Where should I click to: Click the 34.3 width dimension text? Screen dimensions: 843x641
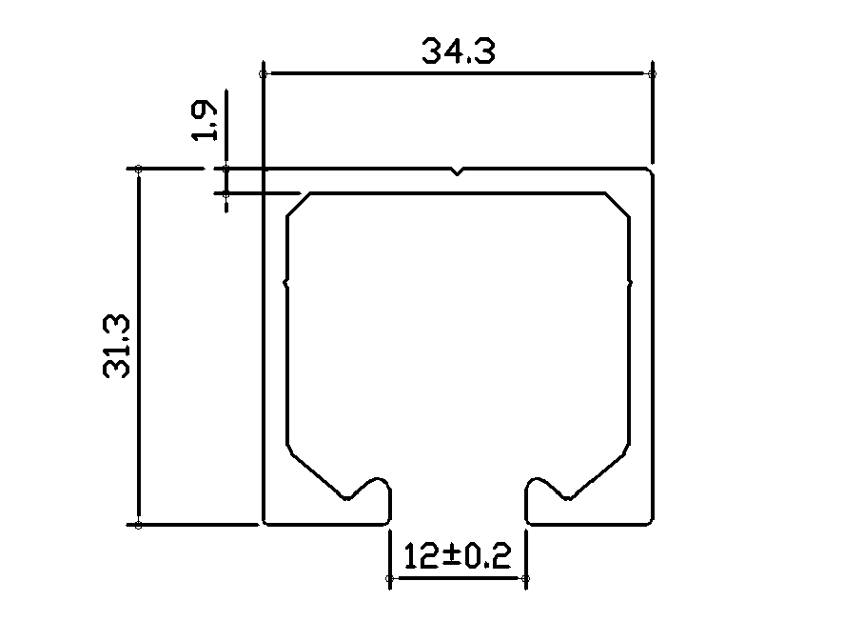tap(458, 51)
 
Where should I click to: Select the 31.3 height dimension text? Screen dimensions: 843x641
tap(117, 347)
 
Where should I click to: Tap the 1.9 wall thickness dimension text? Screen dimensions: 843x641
tap(205, 121)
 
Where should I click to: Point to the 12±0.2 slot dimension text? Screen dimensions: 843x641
tap(457, 556)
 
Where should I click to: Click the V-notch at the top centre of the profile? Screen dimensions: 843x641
tap(458, 171)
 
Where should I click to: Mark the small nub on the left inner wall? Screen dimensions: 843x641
tap(286, 282)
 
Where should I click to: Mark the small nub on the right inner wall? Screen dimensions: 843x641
tap(630, 282)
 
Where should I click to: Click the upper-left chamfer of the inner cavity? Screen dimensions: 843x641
tap(299, 205)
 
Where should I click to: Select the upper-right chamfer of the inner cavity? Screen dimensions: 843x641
tap(618, 205)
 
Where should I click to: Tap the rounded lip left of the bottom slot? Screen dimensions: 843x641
tap(380, 479)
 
